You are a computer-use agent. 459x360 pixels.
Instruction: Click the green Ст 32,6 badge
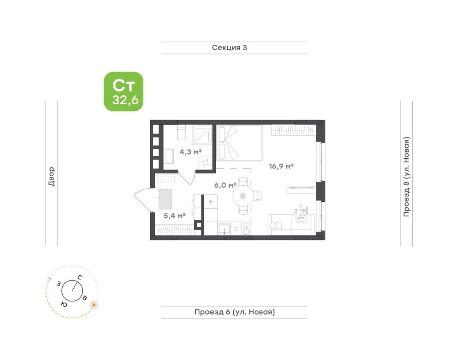pyautogui.click(x=123, y=92)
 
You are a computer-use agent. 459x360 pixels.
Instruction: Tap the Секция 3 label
pyautogui.click(x=229, y=47)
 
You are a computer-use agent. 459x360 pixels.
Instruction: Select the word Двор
pyautogui.click(x=51, y=176)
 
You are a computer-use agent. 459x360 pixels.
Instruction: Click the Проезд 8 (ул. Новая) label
pyautogui.click(x=406, y=176)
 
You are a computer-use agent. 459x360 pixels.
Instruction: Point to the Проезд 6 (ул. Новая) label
pyautogui.click(x=235, y=312)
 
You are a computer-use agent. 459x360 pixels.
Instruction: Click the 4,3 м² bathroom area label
pyautogui.click(x=191, y=152)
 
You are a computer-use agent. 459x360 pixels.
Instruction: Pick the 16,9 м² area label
pyautogui.click(x=281, y=166)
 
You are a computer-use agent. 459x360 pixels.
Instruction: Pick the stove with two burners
pyautogui.click(x=246, y=228)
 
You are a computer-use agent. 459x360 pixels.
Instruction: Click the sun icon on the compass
pyautogui.click(x=94, y=305)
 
